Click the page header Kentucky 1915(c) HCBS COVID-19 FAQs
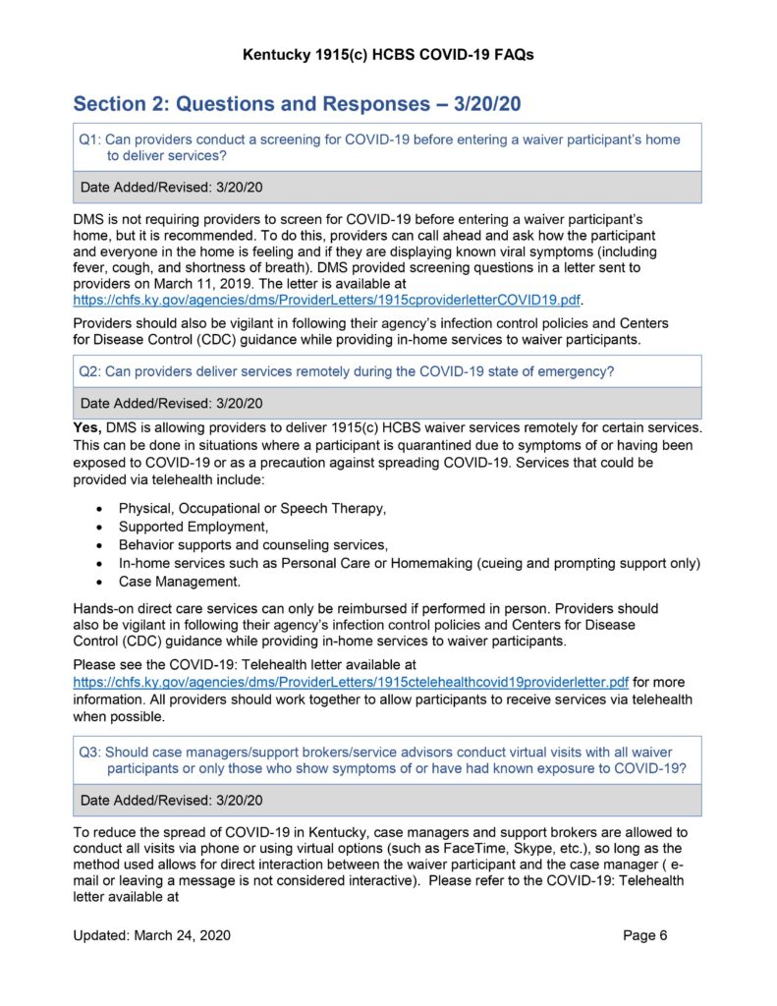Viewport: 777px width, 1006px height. pyautogui.click(x=388, y=55)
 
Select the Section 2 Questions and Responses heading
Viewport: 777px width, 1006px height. pyautogui.click(x=303, y=104)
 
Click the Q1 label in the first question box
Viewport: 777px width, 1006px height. pyautogui.click(x=89, y=140)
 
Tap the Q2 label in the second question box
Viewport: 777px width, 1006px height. pyautogui.click(x=89, y=370)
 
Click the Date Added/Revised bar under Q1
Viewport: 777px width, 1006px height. pyautogui.click(x=387, y=187)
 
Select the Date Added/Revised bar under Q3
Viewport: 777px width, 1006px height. pyautogui.click(x=387, y=800)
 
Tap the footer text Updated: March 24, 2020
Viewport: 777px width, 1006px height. pyautogui.click(x=152, y=935)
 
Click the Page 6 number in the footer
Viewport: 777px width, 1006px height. pyautogui.click(x=645, y=935)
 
